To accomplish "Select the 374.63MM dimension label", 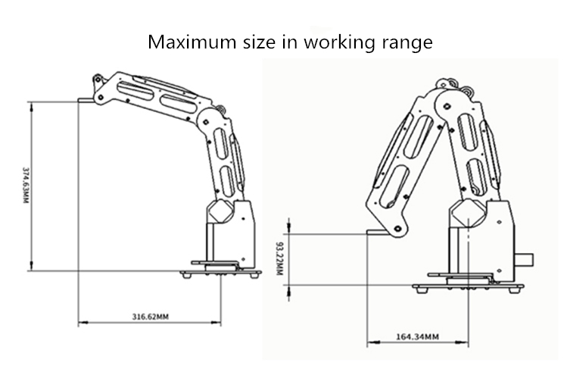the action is point(25,185).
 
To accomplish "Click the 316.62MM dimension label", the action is point(150,317).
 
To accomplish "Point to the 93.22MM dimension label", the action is point(279,258).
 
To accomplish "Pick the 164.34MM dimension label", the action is point(418,337).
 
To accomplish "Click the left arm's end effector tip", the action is point(79,100).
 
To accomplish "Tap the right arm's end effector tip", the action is point(368,232).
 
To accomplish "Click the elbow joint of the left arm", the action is point(207,122).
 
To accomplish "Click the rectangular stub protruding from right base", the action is point(525,261).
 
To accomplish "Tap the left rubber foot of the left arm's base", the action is point(187,275).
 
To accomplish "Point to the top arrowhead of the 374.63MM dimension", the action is point(32,107).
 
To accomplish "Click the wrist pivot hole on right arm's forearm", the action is point(398,228).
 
